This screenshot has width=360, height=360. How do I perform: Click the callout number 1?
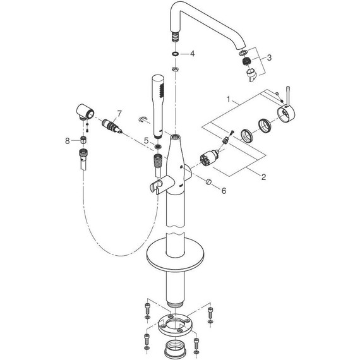pyautogui.click(x=228, y=99)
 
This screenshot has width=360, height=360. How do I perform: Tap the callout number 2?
pyautogui.click(x=263, y=177)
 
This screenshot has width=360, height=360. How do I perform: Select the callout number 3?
pyautogui.click(x=269, y=57)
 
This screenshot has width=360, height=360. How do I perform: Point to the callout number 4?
pyautogui.click(x=192, y=54)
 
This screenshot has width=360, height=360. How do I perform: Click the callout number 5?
pyautogui.click(x=147, y=141)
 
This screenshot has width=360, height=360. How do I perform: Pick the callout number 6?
pyautogui.click(x=224, y=190)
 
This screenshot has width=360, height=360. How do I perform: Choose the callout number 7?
pyautogui.click(x=119, y=114)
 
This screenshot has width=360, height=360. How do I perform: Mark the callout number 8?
pyautogui.click(x=68, y=141)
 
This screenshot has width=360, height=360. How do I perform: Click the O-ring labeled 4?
pyautogui.click(x=175, y=54)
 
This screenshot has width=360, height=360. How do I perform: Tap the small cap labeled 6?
pyautogui.click(x=208, y=181)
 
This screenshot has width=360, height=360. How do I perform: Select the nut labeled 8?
pyautogui.click(x=83, y=140)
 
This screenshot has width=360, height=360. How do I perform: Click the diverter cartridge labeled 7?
pyautogui.click(x=112, y=126)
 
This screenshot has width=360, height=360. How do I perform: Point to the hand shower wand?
pyautogui.click(x=158, y=106)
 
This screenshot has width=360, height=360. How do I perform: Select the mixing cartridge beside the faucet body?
pyautogui.click(x=208, y=158)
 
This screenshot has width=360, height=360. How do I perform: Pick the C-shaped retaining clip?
pyautogui.click(x=143, y=119)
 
